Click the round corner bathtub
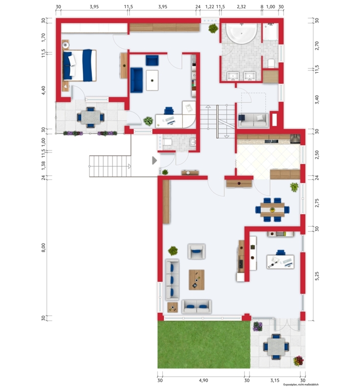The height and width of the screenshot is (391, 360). [x=241, y=33]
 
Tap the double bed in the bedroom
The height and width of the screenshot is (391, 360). [x=80, y=65]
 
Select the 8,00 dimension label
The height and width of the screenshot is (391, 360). [x=44, y=248]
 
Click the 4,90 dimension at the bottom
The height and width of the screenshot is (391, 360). [x=203, y=380]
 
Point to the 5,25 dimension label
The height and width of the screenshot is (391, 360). [x=316, y=276]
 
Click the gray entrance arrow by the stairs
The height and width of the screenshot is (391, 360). [x=155, y=160]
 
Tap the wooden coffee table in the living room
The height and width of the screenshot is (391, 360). [x=197, y=280]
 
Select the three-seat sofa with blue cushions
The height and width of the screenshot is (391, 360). [x=172, y=279]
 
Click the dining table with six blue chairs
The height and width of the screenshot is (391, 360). [x=272, y=210]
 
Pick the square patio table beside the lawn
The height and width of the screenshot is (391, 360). [x=276, y=347]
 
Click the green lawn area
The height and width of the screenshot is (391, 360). [x=203, y=345]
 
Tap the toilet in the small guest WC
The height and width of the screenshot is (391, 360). [x=167, y=142]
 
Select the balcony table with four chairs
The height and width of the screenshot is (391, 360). [x=90, y=117]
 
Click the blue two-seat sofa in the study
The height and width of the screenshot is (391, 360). [x=136, y=80]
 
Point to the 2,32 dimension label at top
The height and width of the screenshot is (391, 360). [x=241, y=7]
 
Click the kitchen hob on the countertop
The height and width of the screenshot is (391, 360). [x=271, y=141]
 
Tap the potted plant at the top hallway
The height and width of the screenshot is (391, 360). [x=213, y=28]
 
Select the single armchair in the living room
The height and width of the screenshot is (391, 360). [x=197, y=251]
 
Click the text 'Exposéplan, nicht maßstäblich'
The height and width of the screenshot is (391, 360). [x=301, y=385]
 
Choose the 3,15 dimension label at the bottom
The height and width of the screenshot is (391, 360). [x=275, y=380]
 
